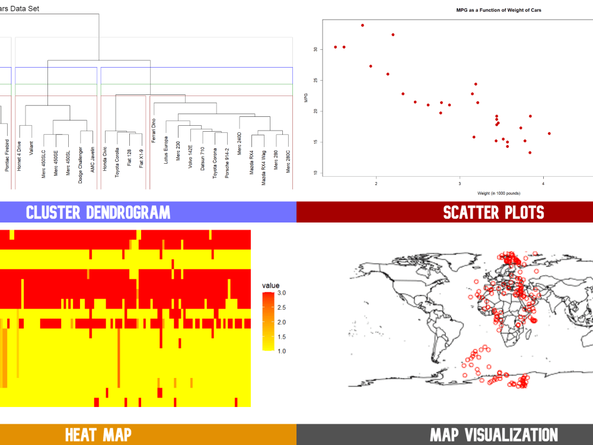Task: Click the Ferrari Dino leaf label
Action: [153, 129]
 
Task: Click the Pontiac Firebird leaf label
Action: [7, 155]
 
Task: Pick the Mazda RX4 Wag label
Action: [264, 168]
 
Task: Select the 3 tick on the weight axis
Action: [460, 184]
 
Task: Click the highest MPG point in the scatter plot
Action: [362, 26]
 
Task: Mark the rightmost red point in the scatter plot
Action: [549, 133]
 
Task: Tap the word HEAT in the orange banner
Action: [81, 435]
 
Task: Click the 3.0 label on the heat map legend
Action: [282, 293]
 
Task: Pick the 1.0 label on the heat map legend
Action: [282, 351]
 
